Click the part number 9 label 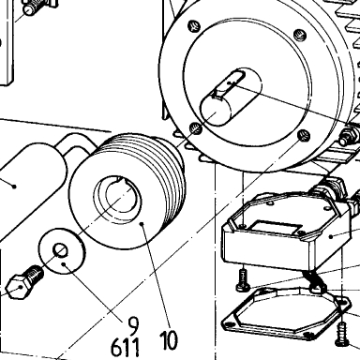tap(133, 325)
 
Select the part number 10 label tap(169, 340)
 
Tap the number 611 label tap(126, 347)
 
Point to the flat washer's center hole tap(60, 250)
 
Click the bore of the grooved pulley tap(118, 200)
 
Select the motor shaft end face tap(216, 111)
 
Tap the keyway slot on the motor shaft tap(232, 82)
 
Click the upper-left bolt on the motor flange tap(194, 26)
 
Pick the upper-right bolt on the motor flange tap(300, 34)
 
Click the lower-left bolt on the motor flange tap(196, 128)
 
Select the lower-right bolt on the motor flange tap(304, 136)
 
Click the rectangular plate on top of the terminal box tap(275, 227)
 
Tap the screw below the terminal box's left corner tap(243, 280)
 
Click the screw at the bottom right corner tap(342, 335)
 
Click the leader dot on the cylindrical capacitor tap(14, 187)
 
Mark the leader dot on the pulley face tap(142, 224)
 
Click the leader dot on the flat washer tap(64, 264)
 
